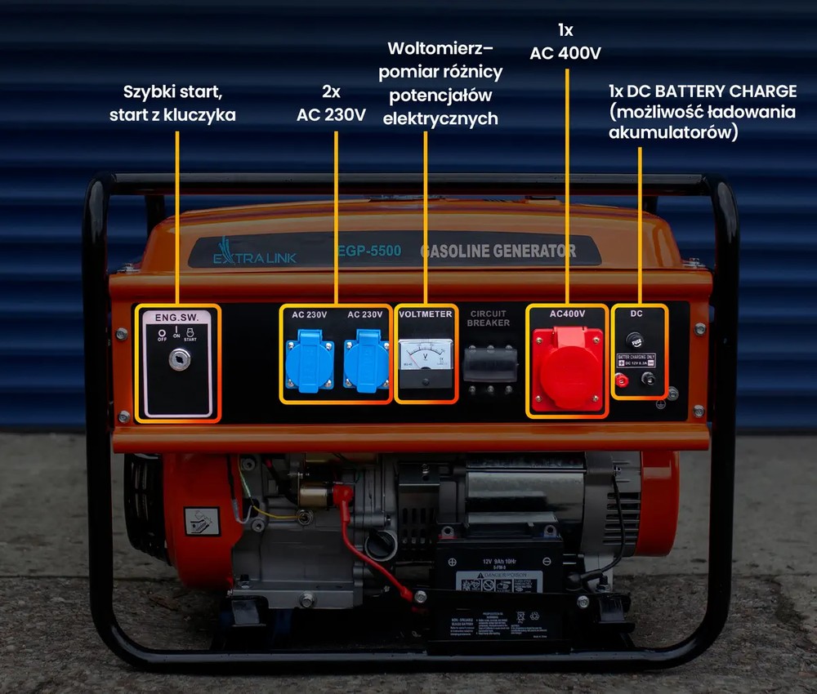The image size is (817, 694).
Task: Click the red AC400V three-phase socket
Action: coord(567,367)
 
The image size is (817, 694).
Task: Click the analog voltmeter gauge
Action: coord(426,357)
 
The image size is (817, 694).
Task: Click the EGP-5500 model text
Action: coord(369,251)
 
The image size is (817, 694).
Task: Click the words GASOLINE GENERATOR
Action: coord(498,251)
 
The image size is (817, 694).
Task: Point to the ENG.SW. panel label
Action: coord(176,316)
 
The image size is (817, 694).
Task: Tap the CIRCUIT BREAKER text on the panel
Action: coord(489,318)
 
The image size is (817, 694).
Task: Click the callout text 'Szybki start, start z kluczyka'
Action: coord(172,103)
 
